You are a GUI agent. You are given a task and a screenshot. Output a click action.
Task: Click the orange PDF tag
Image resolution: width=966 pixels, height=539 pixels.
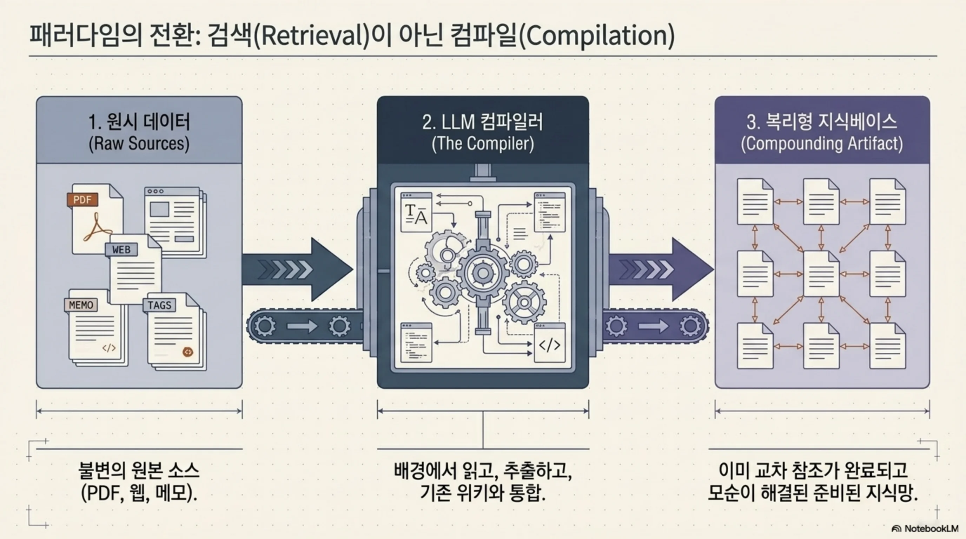pos(82,199)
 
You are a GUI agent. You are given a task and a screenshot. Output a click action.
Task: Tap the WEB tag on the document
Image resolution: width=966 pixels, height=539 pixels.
pos(121,249)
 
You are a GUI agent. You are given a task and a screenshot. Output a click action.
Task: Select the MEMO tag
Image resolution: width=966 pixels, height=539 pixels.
pos(81,305)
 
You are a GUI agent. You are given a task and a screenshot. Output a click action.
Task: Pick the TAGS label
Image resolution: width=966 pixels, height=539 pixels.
pos(159,305)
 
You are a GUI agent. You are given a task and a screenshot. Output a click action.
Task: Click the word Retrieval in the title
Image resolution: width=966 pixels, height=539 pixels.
pos(312,35)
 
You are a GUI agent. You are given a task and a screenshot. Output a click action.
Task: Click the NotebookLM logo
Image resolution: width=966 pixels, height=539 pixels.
pos(925,528)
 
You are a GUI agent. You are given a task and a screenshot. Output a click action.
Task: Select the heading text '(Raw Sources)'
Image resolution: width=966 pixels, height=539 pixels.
pos(139,144)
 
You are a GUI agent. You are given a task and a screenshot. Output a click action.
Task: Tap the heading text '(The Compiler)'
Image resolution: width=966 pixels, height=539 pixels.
pos(483,144)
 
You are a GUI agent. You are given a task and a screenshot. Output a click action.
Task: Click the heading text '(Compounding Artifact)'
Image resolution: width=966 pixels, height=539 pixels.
pos(822,144)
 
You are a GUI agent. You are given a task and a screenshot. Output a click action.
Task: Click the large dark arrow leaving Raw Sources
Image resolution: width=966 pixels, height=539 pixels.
pos(297,269)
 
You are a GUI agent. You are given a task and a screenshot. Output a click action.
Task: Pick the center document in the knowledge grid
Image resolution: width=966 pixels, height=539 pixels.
pos(821,274)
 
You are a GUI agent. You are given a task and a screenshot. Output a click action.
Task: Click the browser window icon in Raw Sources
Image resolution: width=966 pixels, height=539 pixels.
pos(175,222)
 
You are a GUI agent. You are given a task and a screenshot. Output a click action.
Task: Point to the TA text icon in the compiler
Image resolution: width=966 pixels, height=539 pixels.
pos(416,213)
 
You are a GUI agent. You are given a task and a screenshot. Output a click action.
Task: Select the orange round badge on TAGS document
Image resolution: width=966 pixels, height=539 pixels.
pos(187,352)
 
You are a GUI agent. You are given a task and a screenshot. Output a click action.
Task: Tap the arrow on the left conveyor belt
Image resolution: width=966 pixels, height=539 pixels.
pos(302,326)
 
